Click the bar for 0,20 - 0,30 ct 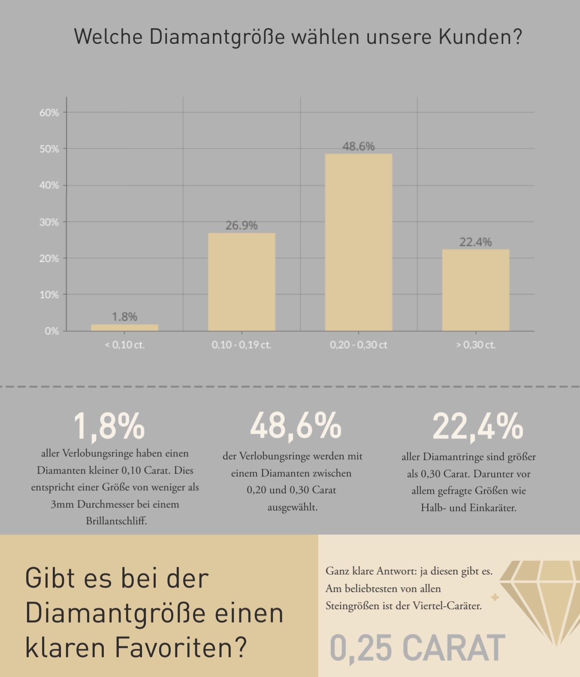click(x=359, y=242)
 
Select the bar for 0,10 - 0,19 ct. click(x=242, y=282)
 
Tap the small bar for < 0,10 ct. click(x=124, y=328)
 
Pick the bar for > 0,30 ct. click(x=476, y=290)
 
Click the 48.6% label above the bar click(x=359, y=147)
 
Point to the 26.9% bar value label click(x=242, y=226)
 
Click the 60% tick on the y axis click(x=49, y=113)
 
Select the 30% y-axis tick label click(x=49, y=222)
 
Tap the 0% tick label click(x=51, y=331)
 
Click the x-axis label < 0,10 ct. click(x=124, y=345)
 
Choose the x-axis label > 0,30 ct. click(x=476, y=345)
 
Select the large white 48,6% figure click(x=296, y=426)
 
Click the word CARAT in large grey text click(x=454, y=648)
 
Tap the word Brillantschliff click(x=116, y=521)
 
